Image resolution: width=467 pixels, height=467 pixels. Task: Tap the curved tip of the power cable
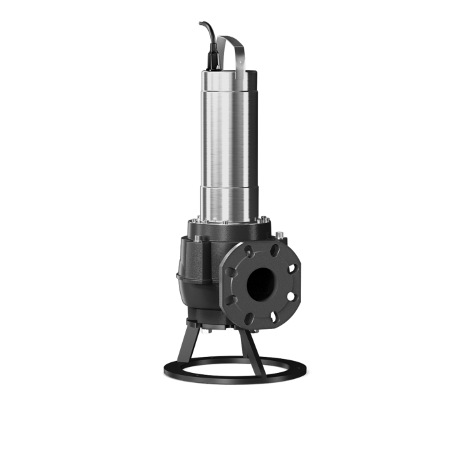(200, 25)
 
